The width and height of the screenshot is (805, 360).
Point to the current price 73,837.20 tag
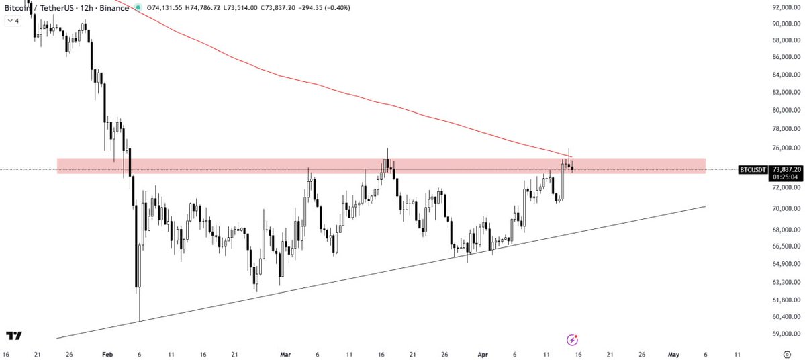click(x=786, y=169)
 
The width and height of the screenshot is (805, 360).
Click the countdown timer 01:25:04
click(x=786, y=177)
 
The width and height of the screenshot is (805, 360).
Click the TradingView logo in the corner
click(x=13, y=336)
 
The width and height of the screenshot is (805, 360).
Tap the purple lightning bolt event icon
click(x=572, y=340)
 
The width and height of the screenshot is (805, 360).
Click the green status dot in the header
click(x=138, y=7)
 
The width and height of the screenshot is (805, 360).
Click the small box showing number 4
click(x=13, y=21)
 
